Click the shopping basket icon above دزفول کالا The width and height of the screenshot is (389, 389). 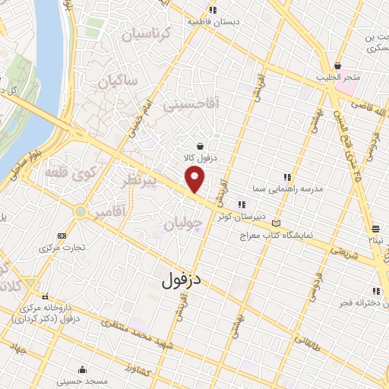pos(199,147)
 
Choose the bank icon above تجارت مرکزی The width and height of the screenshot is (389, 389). pos(61,236)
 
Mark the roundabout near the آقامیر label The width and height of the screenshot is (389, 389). pos(78,210)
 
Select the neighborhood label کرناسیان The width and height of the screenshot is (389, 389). pos(138,33)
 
